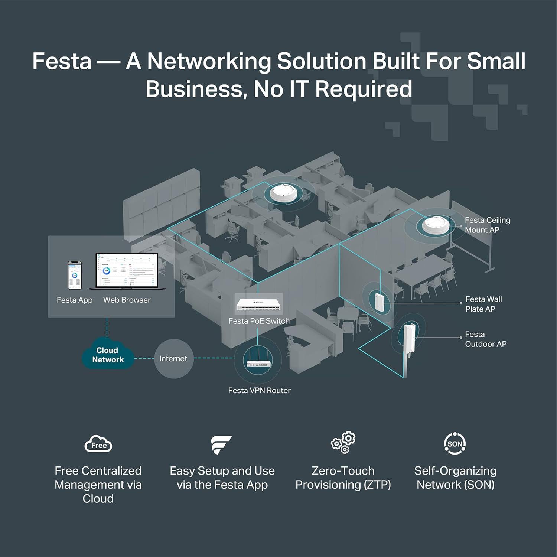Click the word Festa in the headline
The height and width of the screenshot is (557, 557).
point(62,61)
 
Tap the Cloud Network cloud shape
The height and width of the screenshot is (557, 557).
point(108,355)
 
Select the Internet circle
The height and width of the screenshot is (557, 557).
point(173,359)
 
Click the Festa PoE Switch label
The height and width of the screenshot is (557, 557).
point(259,321)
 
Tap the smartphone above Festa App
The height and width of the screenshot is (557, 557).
point(75,275)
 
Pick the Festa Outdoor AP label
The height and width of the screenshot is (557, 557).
point(485,339)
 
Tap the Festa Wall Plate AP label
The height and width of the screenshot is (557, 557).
point(483,304)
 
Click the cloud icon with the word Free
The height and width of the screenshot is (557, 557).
point(98,444)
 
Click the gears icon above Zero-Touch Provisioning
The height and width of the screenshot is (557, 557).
point(343,442)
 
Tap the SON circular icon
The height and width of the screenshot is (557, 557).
point(455,443)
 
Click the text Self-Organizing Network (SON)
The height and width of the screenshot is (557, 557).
point(455,478)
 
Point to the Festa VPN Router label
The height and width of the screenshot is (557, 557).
point(259,391)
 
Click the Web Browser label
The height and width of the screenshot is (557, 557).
point(127,300)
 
